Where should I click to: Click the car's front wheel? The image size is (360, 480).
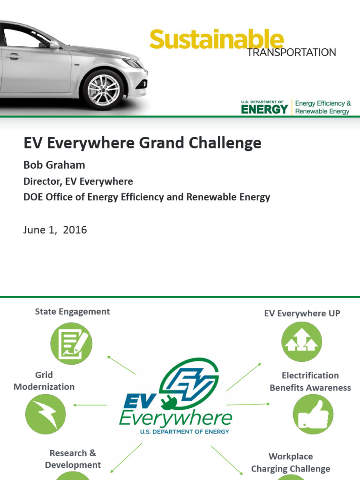pos(103,90)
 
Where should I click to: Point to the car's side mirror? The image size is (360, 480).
pos(54,45)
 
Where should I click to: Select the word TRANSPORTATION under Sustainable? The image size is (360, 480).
pos(291,52)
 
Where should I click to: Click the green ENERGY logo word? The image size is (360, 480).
pos(265,110)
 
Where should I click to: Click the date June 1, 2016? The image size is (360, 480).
pos(55,230)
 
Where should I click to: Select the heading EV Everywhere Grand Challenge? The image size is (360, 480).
pos(142,143)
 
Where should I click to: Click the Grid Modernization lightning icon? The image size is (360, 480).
pos(45,414)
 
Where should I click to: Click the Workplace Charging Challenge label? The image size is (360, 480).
pos(291,462)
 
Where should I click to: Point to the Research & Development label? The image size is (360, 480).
pos(73,459)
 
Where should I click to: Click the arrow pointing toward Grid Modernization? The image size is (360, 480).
pos(90,405)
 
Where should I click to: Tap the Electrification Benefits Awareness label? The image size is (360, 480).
pos(310,382)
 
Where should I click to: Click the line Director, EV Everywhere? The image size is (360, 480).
pos(78,181)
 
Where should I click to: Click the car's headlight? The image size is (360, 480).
pos(132,63)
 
